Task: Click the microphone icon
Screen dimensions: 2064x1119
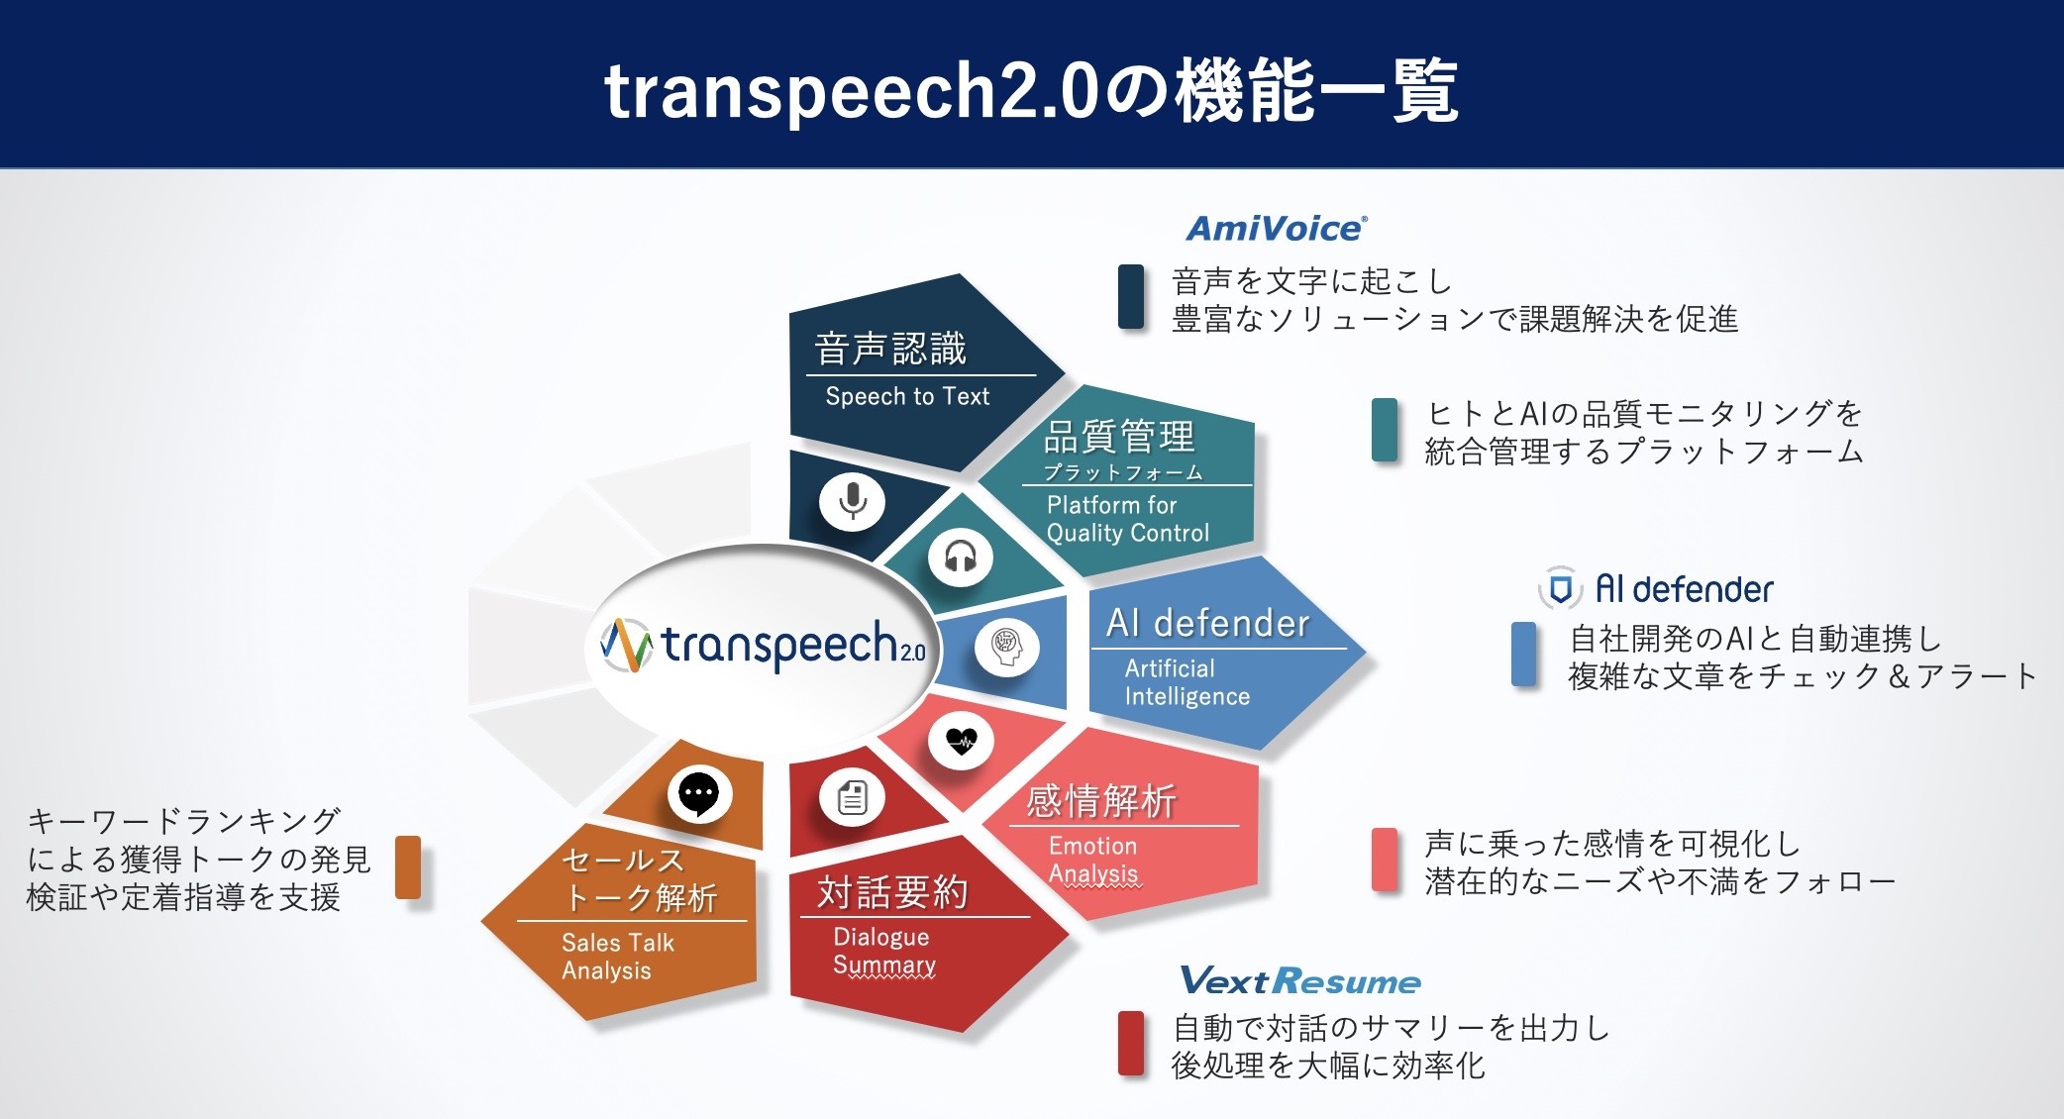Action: point(852,501)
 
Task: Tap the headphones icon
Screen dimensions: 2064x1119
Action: point(960,557)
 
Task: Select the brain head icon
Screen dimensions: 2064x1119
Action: point(1006,648)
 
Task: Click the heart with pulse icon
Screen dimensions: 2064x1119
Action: point(961,741)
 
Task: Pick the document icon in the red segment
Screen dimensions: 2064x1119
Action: point(852,798)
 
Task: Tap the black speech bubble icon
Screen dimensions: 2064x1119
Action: point(699,794)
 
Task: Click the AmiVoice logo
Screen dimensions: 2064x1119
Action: point(1278,229)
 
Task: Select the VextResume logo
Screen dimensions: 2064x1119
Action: point(1300,981)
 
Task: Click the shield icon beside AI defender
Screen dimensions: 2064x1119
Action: point(1560,589)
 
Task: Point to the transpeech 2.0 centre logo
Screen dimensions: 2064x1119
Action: point(763,645)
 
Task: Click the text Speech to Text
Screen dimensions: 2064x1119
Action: point(907,396)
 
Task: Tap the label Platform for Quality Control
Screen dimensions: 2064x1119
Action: point(1128,519)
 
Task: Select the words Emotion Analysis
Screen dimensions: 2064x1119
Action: point(1093,860)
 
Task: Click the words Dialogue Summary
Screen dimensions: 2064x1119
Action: point(884,951)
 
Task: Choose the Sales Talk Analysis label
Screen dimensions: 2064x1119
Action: point(618,957)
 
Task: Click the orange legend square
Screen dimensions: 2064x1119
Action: point(408,867)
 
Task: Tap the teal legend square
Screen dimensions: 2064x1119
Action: point(1385,430)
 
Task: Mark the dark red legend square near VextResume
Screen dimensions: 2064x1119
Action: point(1131,1043)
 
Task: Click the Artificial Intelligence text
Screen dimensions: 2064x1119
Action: point(1187,682)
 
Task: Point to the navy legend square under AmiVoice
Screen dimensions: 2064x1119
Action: point(1131,296)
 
